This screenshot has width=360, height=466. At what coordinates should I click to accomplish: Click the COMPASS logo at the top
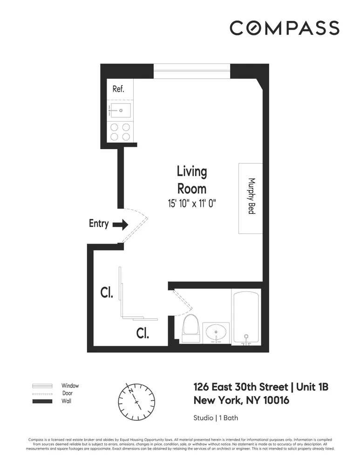(284, 27)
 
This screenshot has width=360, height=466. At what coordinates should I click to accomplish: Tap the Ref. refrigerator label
(118, 89)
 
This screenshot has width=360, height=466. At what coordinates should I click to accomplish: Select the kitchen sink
(120, 111)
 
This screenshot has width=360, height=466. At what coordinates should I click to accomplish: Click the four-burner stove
(120, 131)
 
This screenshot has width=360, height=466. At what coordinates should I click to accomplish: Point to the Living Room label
(191, 180)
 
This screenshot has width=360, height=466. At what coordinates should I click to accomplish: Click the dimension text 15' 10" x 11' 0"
(193, 203)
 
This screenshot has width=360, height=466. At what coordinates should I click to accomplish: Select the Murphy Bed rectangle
(250, 199)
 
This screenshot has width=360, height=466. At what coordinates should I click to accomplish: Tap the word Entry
(99, 224)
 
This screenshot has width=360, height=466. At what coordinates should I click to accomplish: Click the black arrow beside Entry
(120, 225)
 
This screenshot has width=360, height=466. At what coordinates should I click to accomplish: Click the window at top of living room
(192, 71)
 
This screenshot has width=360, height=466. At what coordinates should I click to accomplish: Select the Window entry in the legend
(70, 386)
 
